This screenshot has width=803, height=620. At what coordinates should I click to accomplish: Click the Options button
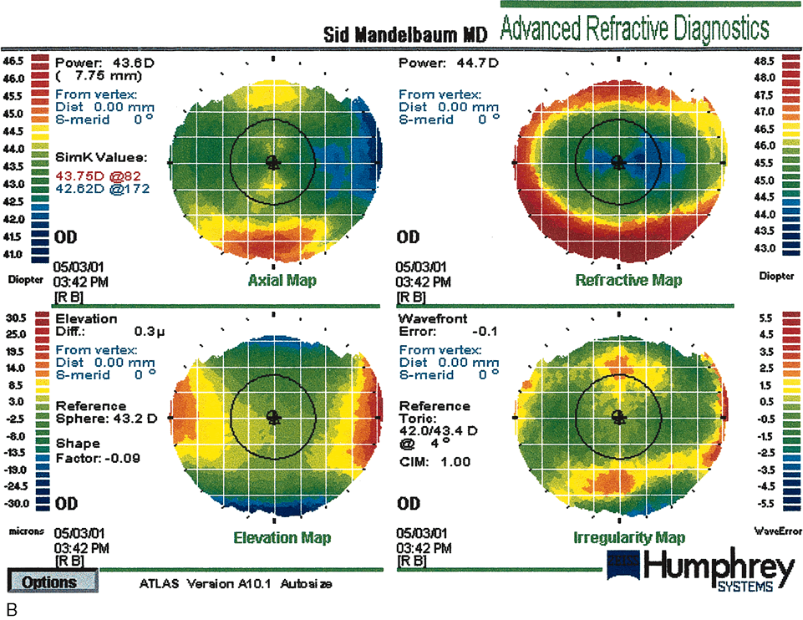coord(51,582)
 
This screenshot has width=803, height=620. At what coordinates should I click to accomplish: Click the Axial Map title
coord(282,281)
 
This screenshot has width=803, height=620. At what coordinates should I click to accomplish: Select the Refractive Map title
coord(628,281)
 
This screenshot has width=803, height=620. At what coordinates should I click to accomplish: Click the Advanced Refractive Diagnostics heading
coord(633,28)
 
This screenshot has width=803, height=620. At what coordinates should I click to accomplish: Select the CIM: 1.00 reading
coord(423,462)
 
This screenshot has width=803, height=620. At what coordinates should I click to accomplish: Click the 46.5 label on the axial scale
coord(13,61)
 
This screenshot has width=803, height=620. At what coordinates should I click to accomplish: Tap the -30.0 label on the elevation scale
coord(16,503)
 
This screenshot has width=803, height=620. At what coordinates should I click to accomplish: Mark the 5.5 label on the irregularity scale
coord(785,318)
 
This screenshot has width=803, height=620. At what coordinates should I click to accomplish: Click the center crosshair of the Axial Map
coord(272,160)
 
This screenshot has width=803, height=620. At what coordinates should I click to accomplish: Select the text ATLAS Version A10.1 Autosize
coord(236,583)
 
